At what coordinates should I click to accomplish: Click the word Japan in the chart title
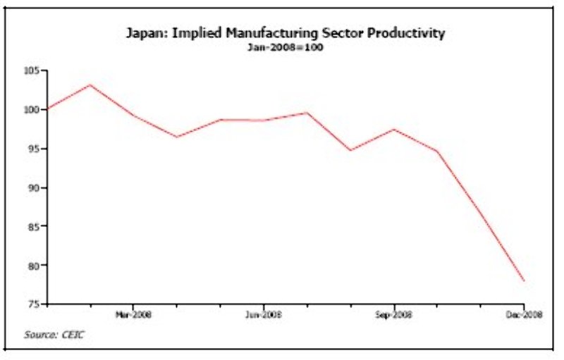click(x=146, y=33)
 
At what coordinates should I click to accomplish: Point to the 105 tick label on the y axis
click(x=31, y=71)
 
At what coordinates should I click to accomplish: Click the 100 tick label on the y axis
click(x=31, y=110)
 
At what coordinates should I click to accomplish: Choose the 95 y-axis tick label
click(x=33, y=149)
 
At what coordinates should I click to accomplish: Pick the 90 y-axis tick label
click(x=33, y=188)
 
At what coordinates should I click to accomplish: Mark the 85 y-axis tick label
click(x=33, y=227)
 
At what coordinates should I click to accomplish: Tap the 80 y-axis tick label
click(x=33, y=266)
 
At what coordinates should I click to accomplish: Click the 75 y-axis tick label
click(x=33, y=304)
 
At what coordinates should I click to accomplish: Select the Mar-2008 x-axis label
click(x=133, y=315)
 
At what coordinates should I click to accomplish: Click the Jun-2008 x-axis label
click(x=264, y=315)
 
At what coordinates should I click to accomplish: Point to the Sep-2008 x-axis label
click(x=394, y=315)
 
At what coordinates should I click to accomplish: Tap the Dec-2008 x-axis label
click(x=524, y=315)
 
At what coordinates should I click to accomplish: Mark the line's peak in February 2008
click(x=90, y=85)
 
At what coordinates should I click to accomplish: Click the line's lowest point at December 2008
click(x=524, y=280)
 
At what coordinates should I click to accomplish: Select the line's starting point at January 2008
click(x=47, y=108)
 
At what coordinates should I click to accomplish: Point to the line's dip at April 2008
click(x=177, y=137)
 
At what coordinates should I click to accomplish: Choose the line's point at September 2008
click(x=394, y=129)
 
